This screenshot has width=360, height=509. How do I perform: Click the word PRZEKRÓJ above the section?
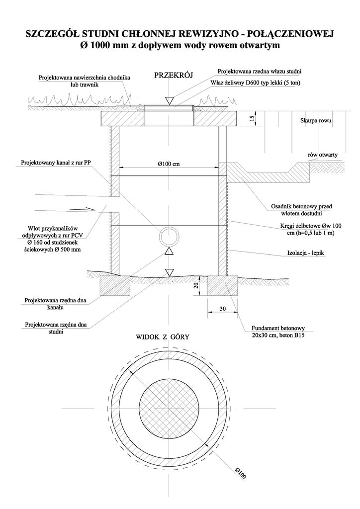(174, 76)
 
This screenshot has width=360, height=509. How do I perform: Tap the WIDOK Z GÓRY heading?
(163, 337)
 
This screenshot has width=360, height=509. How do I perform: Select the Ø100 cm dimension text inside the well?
(169, 164)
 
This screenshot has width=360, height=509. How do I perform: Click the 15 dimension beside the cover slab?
(252, 119)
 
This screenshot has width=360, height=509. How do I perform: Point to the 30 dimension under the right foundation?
(223, 309)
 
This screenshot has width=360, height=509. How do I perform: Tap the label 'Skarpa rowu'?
(316, 121)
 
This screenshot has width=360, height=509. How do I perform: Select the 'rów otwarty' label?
(323, 155)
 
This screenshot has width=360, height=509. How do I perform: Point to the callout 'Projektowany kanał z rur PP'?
(56, 163)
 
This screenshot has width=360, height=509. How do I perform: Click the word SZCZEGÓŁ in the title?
(51, 34)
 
